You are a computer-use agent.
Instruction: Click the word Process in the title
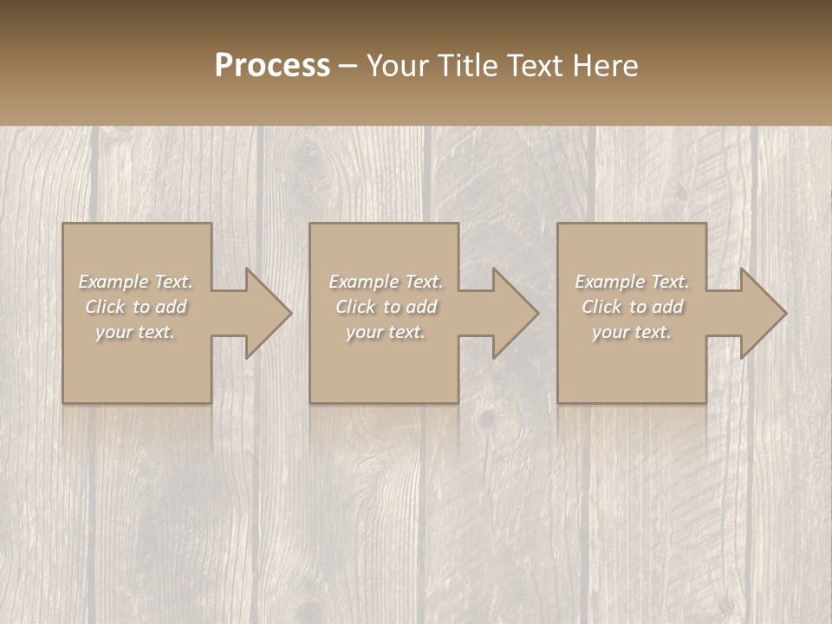pos(272,66)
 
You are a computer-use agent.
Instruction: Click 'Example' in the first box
pos(113,282)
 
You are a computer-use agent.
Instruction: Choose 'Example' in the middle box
pos(363,282)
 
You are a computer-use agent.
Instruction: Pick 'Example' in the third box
pos(609,282)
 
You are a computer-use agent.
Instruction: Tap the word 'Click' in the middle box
pos(354,307)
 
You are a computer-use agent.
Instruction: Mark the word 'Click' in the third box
pos(601,307)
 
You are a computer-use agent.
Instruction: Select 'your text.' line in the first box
pos(135,332)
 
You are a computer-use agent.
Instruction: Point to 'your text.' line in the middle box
pos(385,332)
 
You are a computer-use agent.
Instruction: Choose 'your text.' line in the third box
pos(632,332)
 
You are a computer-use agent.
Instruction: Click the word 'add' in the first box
pos(172,307)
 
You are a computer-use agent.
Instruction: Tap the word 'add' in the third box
pos(668,307)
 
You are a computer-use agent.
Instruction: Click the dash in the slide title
pos(348,67)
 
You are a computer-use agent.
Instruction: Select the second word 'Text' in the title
pos(534,66)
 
